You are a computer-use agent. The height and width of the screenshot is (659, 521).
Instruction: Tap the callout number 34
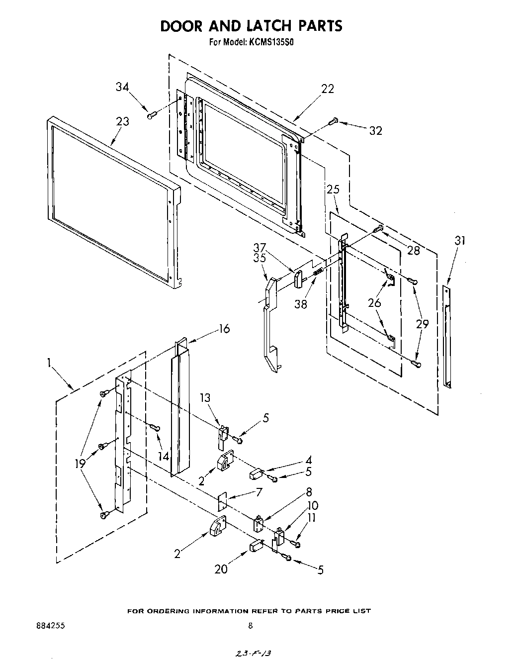123,87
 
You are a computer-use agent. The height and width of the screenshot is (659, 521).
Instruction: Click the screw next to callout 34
152,115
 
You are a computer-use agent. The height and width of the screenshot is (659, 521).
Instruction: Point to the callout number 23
122,121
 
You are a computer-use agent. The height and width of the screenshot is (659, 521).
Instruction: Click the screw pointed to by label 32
334,120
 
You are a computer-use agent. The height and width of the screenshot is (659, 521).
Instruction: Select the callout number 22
327,89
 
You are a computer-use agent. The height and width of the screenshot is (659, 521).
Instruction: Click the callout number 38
300,304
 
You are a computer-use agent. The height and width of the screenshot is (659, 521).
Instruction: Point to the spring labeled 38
319,272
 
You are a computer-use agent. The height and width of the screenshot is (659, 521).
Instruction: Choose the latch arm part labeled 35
268,323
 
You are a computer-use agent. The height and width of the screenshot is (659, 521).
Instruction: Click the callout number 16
224,329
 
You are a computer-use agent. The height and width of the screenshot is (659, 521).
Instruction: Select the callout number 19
80,464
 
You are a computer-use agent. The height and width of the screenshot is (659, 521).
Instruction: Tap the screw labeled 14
154,427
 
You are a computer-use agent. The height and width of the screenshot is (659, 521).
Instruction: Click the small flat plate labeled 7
222,500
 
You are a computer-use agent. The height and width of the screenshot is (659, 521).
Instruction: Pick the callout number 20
221,569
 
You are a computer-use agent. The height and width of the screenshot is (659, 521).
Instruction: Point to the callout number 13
205,397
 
